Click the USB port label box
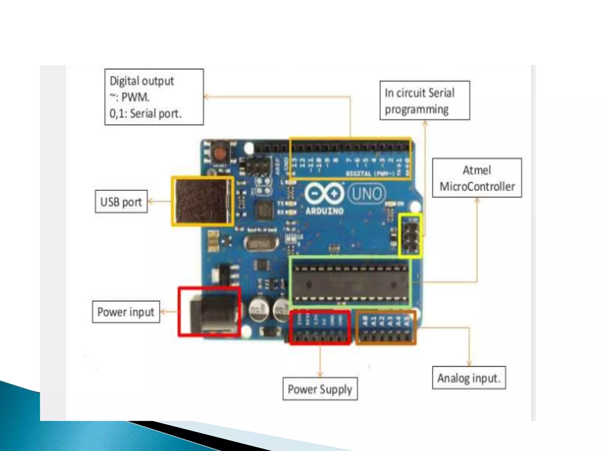coord(121,202)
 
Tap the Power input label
coord(126,312)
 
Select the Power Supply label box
coord(320,389)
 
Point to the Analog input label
coord(469,378)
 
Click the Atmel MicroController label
coord(477,178)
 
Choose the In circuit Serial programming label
coord(424,101)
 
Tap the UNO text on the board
coord(367,194)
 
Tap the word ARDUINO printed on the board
coord(324,211)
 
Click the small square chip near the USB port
coord(264,210)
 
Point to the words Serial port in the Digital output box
coord(156,113)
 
